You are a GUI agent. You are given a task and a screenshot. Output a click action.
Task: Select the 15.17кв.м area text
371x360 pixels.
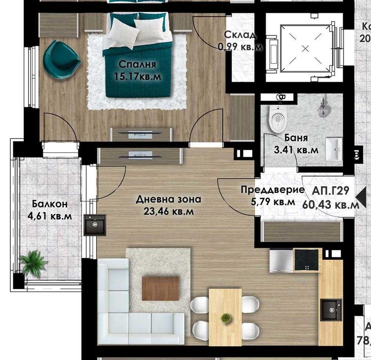click(x=137, y=77)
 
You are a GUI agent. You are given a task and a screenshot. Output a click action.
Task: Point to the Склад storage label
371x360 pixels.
click(x=239, y=35)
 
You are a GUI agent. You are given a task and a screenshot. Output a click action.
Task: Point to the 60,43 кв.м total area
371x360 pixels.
click(x=330, y=204)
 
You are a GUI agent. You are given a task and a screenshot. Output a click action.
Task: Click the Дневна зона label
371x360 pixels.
click(x=169, y=199)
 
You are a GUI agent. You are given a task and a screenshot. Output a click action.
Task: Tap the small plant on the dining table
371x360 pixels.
click(x=225, y=318)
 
